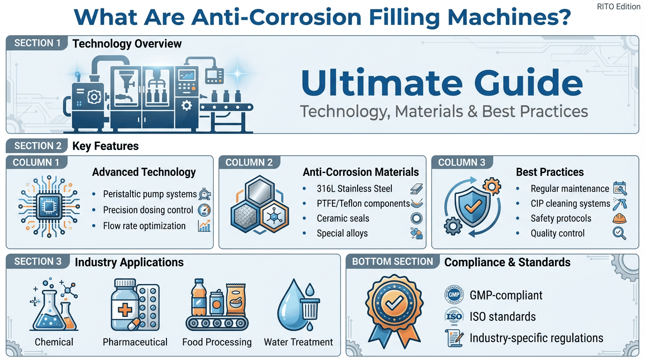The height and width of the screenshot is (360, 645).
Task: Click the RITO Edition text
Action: click(x=618, y=7)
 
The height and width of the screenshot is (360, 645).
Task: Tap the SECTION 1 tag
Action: click(x=37, y=43)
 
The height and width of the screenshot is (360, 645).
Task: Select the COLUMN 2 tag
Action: click(x=249, y=163)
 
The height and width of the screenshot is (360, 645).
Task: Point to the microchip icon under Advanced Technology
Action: click(x=49, y=206)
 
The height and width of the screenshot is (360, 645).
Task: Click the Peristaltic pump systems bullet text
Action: click(x=150, y=194)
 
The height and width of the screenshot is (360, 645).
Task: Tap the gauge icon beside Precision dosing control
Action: click(x=204, y=210)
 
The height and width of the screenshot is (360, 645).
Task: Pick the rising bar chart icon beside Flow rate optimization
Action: click(x=204, y=226)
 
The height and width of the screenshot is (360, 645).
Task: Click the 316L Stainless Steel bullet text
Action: click(x=354, y=188)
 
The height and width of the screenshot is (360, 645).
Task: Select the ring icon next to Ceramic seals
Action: click(x=416, y=218)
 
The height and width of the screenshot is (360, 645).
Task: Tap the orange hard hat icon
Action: click(x=619, y=218)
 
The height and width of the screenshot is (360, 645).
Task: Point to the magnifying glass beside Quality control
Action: click(x=619, y=233)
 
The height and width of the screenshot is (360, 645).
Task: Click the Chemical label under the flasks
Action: click(x=54, y=342)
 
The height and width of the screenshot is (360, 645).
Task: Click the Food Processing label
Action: click(x=217, y=342)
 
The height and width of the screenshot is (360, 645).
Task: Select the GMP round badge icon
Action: click(x=454, y=294)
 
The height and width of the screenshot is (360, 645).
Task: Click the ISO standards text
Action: click(x=502, y=316)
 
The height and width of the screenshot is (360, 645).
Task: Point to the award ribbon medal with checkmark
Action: click(x=395, y=311)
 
